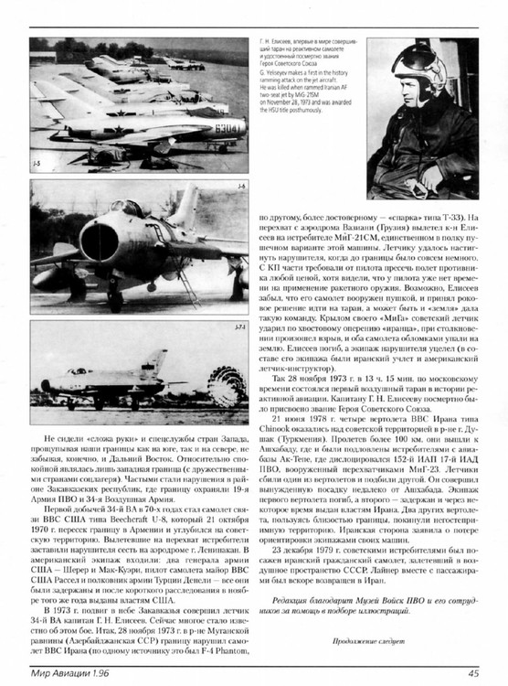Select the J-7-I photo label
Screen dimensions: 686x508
(x=238, y=326)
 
